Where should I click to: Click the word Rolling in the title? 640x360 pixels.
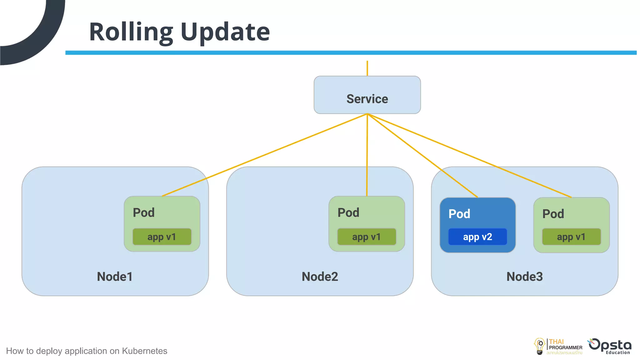[x=131, y=32]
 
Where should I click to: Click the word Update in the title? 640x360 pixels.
[x=225, y=32]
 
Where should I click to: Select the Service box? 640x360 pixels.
[x=367, y=95]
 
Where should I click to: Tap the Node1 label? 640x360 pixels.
[x=115, y=277]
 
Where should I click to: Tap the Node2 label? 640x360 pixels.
[x=320, y=277]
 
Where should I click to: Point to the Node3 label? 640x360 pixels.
[x=524, y=277]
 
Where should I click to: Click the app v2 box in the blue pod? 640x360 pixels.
[x=477, y=237]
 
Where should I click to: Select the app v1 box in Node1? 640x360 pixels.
[x=162, y=237]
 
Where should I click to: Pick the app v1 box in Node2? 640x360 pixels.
[x=366, y=237]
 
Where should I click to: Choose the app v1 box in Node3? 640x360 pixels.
[x=571, y=237]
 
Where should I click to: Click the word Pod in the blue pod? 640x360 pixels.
[x=459, y=214]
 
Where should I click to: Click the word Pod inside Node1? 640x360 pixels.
[x=143, y=213]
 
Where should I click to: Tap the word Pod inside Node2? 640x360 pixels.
[x=348, y=213]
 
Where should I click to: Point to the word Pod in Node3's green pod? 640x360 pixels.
[x=553, y=214]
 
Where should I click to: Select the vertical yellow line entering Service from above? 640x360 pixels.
[x=367, y=68]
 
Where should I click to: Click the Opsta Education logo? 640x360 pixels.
[x=610, y=346]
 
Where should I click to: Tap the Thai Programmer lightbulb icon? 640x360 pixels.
[x=540, y=346]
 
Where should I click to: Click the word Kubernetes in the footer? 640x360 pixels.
[x=144, y=351]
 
